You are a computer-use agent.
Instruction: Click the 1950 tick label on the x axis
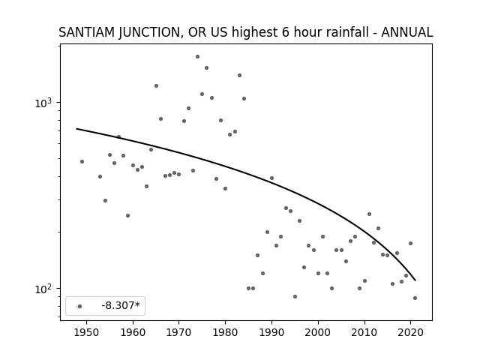tap(87, 332)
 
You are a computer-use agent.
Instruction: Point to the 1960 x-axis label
tap(133, 332)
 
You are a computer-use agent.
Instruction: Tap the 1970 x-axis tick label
tap(179, 332)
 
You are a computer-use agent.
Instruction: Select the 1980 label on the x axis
tap(225, 332)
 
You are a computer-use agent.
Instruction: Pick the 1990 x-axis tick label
tap(271, 332)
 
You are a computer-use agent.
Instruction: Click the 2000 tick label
tap(318, 332)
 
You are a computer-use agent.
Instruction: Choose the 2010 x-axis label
tap(364, 332)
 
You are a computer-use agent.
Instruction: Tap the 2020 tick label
tap(410, 332)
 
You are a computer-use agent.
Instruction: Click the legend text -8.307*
tap(121, 305)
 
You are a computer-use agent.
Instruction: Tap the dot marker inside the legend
tap(79, 306)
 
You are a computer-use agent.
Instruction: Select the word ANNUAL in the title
tap(406, 32)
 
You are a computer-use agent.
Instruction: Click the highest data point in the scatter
tap(197, 57)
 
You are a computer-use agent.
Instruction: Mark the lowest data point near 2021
tap(415, 298)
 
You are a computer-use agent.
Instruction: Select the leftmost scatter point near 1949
tap(82, 162)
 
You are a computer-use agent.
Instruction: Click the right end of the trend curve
tap(415, 280)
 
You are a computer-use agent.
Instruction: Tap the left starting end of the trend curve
tap(76, 128)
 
